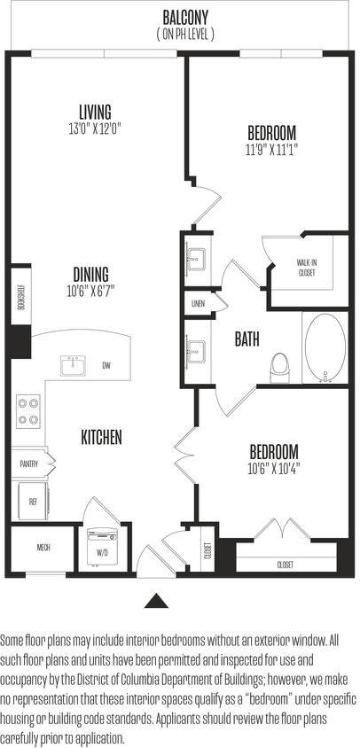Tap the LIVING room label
tap(94, 112)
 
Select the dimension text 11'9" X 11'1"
tap(271, 150)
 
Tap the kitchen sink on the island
tap(73, 364)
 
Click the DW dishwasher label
tap(106, 365)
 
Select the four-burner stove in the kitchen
tap(28, 411)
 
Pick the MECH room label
tap(43, 548)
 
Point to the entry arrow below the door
tap(157, 600)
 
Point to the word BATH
tap(247, 339)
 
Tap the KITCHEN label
tap(101, 437)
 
